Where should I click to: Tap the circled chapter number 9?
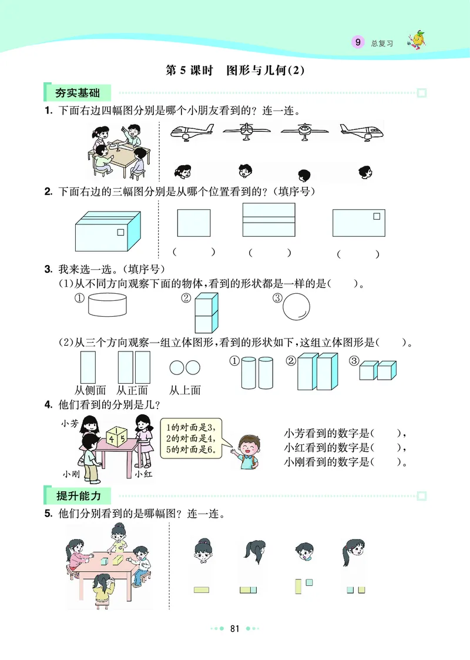click(357, 42)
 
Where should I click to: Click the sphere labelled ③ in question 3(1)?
click(296, 307)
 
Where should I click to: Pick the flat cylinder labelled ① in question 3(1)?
click(107, 306)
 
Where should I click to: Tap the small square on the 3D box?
click(121, 232)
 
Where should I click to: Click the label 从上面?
click(185, 390)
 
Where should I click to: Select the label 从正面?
click(132, 390)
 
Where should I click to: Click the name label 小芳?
click(70, 422)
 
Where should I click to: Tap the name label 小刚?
click(72, 473)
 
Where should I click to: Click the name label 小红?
click(143, 473)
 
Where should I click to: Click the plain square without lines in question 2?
click(193, 223)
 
